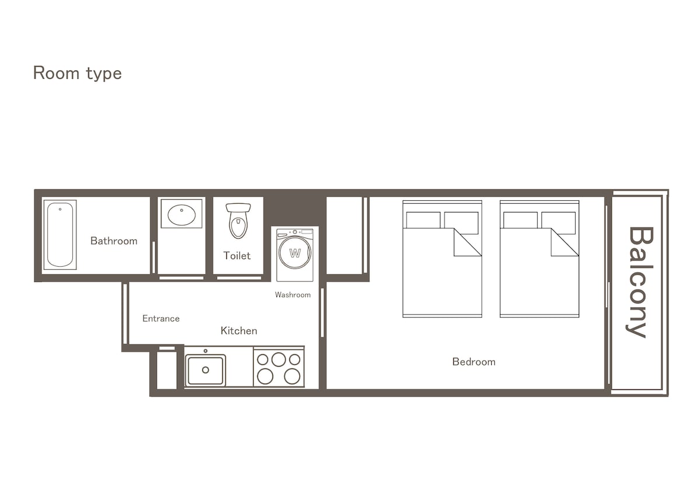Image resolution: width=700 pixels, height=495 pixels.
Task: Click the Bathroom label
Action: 114,240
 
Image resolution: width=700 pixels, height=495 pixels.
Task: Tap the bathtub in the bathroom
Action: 60,235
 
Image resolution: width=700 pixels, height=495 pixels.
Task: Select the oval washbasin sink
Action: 181,215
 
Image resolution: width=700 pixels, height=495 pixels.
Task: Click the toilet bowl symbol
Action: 238,221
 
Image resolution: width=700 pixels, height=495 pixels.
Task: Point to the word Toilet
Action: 237,256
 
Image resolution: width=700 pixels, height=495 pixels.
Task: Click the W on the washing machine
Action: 295,253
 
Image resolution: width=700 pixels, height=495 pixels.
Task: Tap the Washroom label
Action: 293,295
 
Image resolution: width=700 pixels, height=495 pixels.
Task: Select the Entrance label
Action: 161,319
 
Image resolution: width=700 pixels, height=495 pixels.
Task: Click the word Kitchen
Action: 239,331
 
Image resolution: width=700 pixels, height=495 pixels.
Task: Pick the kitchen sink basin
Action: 205,371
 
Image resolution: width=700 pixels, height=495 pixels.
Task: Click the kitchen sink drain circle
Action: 205,370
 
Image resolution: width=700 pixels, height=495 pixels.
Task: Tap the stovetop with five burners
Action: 279,367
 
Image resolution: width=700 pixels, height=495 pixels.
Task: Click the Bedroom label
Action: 474,362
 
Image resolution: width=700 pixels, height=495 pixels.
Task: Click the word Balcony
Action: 640,282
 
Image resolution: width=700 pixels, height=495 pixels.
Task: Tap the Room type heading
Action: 78,74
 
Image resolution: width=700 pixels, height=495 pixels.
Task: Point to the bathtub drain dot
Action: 60,209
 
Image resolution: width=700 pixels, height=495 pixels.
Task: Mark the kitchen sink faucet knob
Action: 205,351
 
